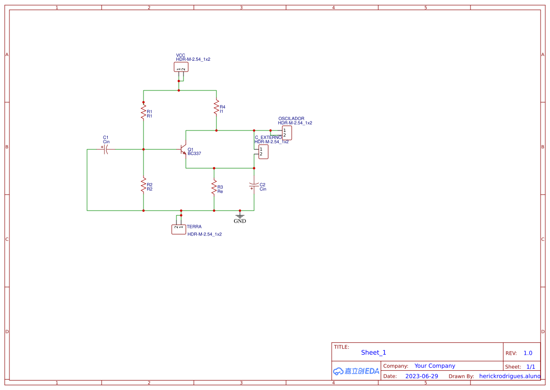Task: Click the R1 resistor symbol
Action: pos(143,112)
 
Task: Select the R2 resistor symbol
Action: pos(143,185)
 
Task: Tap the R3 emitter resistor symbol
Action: pos(214,187)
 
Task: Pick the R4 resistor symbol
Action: pos(216,107)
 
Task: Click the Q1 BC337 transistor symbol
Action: pos(183,149)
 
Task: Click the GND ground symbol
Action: pos(240,217)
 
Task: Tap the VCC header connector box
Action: pos(181,67)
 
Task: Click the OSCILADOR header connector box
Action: pos(287,133)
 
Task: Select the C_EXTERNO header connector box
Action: pos(263,152)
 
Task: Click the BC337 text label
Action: pos(194,154)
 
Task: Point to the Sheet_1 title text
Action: pos(374,352)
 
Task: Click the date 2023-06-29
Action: pos(422,376)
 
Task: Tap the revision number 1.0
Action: pos(528,353)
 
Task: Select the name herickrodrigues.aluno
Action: pos(510,376)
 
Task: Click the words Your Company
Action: pos(435,366)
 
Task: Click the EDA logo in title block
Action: pos(356,371)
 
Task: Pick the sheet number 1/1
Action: pos(530,366)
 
